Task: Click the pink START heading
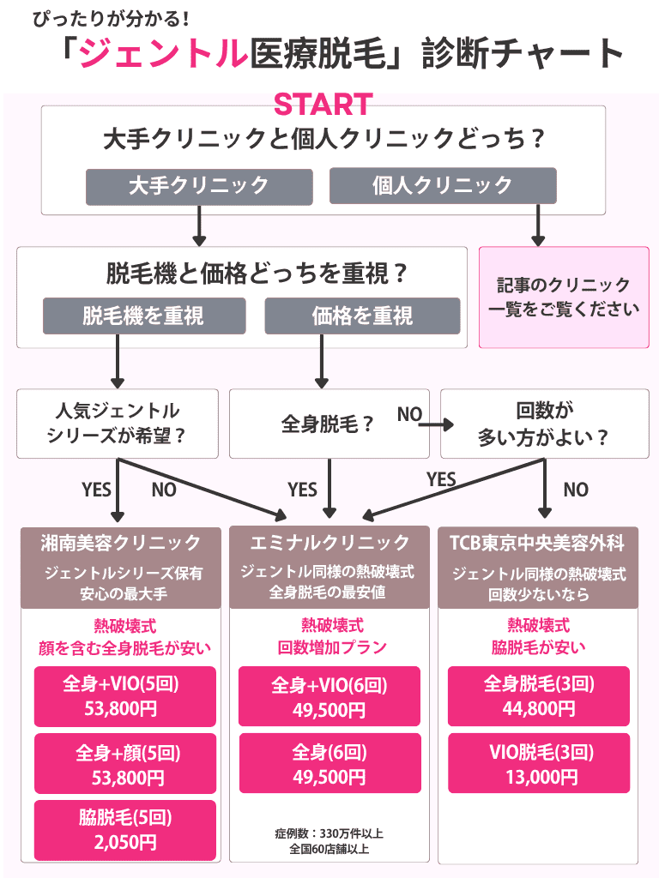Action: coord(323,105)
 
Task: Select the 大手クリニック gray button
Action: coord(198,185)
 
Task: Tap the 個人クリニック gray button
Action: coord(443,185)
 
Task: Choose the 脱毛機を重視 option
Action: coord(144,316)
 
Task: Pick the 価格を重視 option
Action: coord(362,316)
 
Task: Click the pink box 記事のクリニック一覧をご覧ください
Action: coord(563,298)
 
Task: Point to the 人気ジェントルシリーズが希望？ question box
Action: coord(117,424)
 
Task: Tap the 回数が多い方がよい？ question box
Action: coord(544,424)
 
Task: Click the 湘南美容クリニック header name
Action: coord(121,543)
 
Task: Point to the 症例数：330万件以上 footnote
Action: coord(329,833)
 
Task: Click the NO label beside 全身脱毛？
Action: coord(409,415)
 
